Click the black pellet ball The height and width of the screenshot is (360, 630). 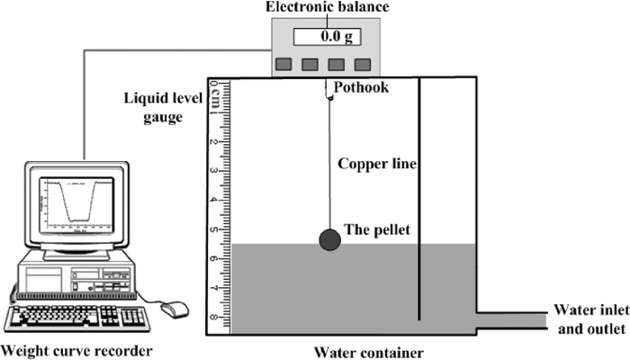point(330,239)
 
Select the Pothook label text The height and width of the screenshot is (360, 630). point(363,87)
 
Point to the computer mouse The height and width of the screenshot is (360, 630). point(177,309)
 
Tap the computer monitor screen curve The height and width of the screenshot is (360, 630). point(76,205)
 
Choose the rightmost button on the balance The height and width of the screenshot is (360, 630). point(363,64)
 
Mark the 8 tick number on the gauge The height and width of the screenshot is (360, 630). point(214,317)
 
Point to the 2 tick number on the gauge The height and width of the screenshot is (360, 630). point(214,142)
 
